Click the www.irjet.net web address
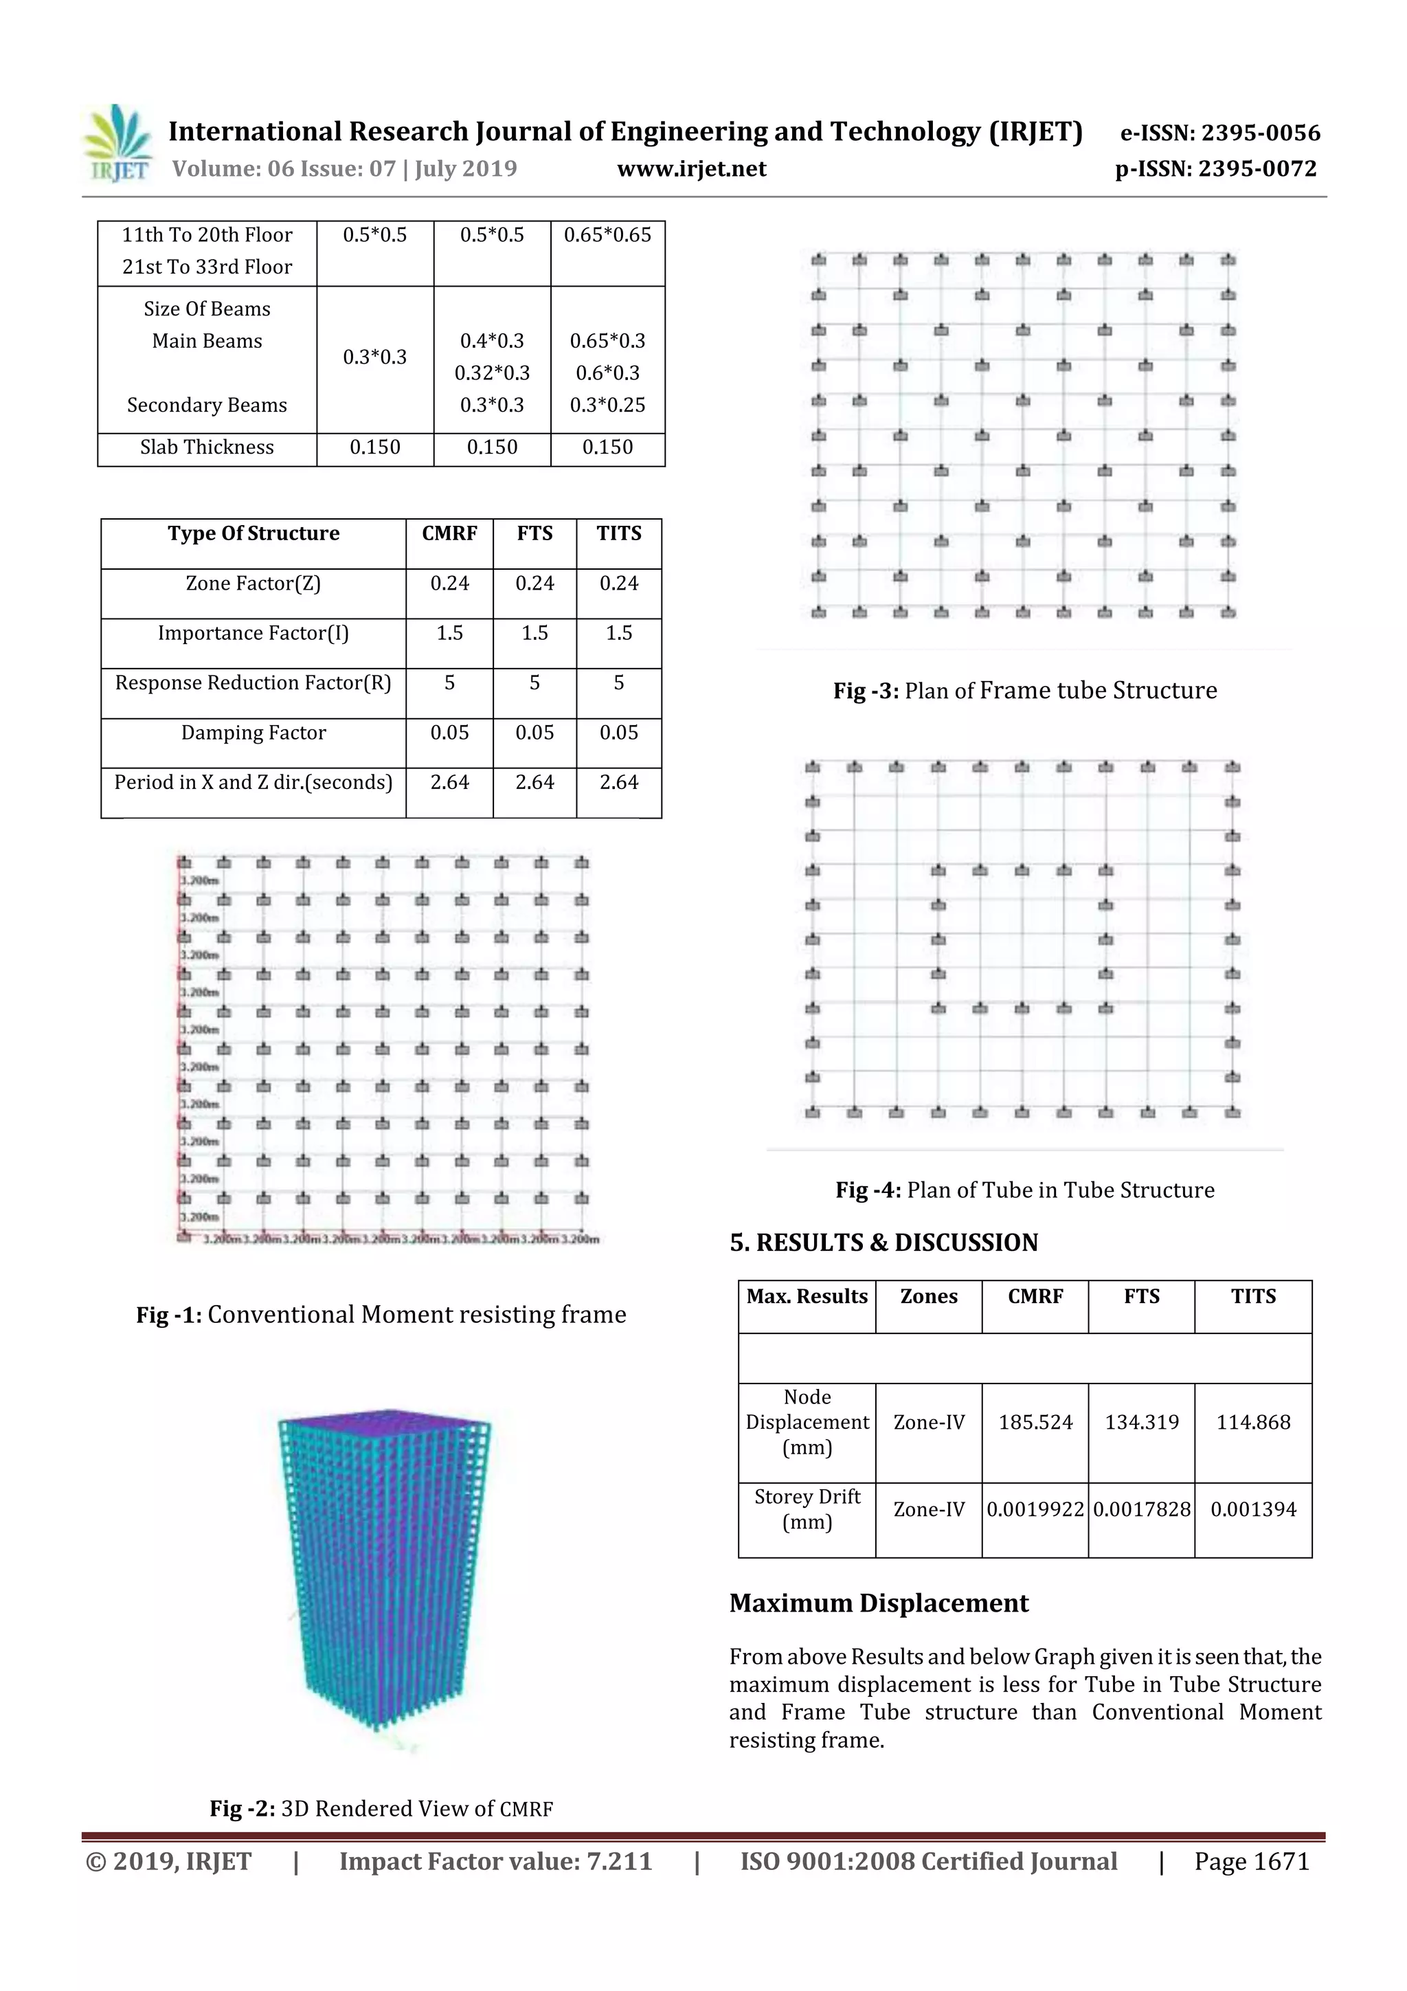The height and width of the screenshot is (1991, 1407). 691,169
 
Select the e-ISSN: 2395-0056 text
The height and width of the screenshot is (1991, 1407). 1219,133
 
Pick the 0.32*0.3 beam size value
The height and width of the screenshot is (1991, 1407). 491,373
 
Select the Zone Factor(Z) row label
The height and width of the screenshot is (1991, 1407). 253,583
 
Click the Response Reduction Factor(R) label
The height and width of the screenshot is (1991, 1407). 253,683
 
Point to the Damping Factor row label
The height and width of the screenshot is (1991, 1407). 253,733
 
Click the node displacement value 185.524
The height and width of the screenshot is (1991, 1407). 1035,1422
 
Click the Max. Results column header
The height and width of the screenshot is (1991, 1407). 807,1296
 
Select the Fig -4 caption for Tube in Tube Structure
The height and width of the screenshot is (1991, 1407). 1025,1190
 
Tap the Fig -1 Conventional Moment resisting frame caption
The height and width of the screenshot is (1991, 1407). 381,1315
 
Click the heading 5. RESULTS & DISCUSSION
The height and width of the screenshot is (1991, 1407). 883,1243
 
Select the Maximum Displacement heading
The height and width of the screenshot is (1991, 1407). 878,1603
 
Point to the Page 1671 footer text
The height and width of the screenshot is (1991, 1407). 1251,1862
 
